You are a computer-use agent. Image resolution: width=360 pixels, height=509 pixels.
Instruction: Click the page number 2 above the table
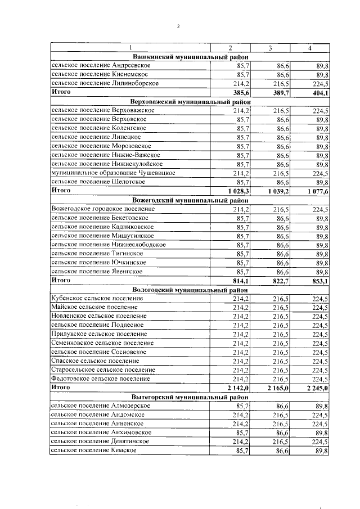(x=178, y=25)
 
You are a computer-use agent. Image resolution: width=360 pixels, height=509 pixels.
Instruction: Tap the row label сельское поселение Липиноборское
(x=105, y=83)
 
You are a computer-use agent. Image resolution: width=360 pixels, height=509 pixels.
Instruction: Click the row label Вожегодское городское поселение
(x=103, y=209)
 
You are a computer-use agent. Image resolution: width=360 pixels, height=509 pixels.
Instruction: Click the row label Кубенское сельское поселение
(x=97, y=298)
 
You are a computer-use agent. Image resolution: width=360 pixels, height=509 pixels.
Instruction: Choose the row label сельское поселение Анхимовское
(x=101, y=433)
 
